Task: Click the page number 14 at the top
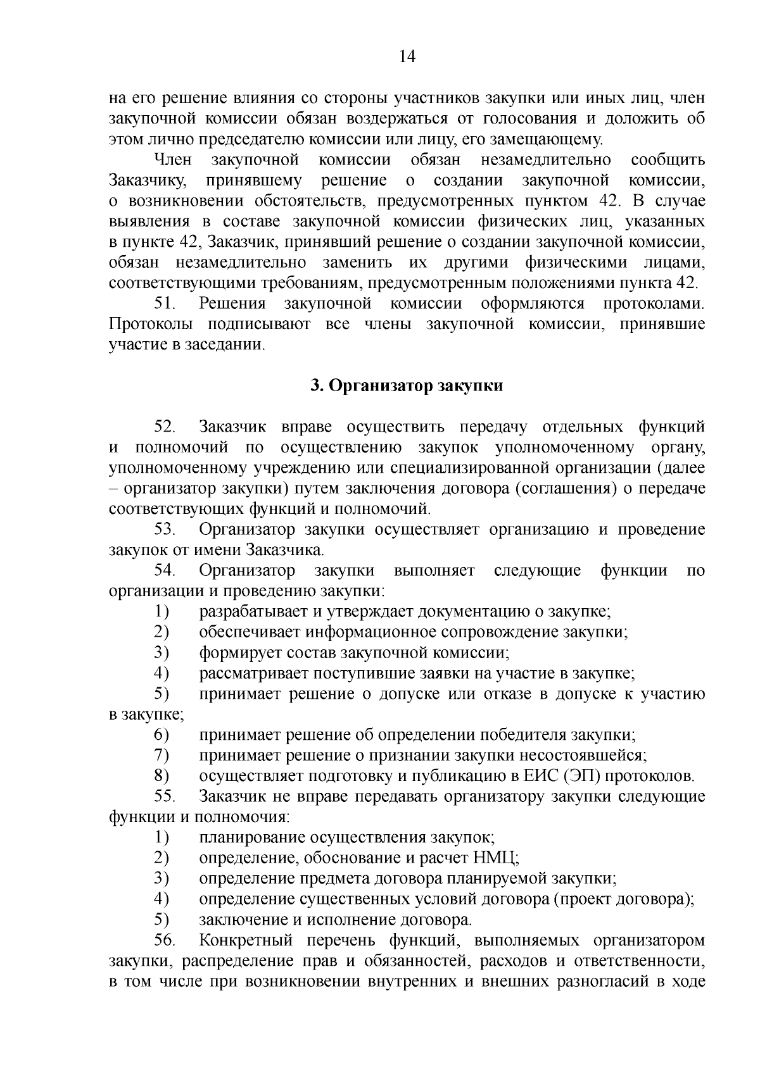coord(407,57)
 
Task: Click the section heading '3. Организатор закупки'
coord(407,385)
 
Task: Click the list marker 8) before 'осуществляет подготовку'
coord(161,776)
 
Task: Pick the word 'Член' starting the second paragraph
coord(173,159)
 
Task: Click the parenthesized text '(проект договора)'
coord(624,899)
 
